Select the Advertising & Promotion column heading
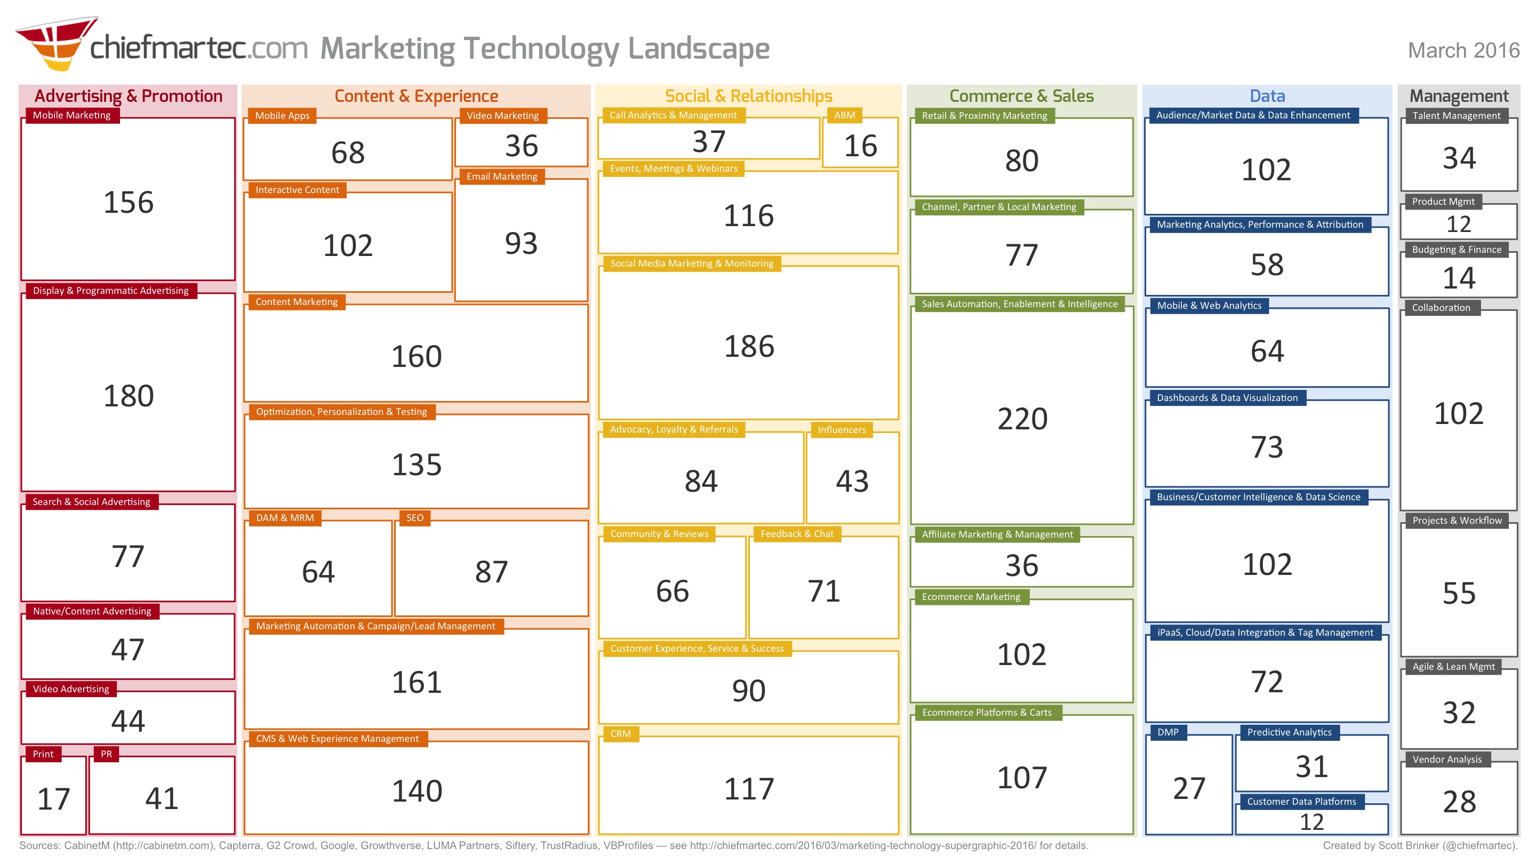click(128, 96)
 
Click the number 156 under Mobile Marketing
click(128, 202)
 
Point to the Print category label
click(43, 754)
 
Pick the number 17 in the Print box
click(54, 798)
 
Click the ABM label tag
click(844, 115)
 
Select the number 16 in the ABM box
click(860, 146)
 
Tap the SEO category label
click(414, 517)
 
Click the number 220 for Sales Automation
click(1021, 419)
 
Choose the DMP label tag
click(1167, 732)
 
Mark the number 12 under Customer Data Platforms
click(1311, 822)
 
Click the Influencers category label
click(842, 429)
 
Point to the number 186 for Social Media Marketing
click(748, 347)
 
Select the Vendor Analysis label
click(1446, 759)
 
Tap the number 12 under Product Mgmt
click(1459, 224)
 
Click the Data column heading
click(1267, 96)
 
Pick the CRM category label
click(620, 733)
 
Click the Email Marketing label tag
click(501, 177)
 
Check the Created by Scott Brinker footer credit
click(1420, 845)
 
